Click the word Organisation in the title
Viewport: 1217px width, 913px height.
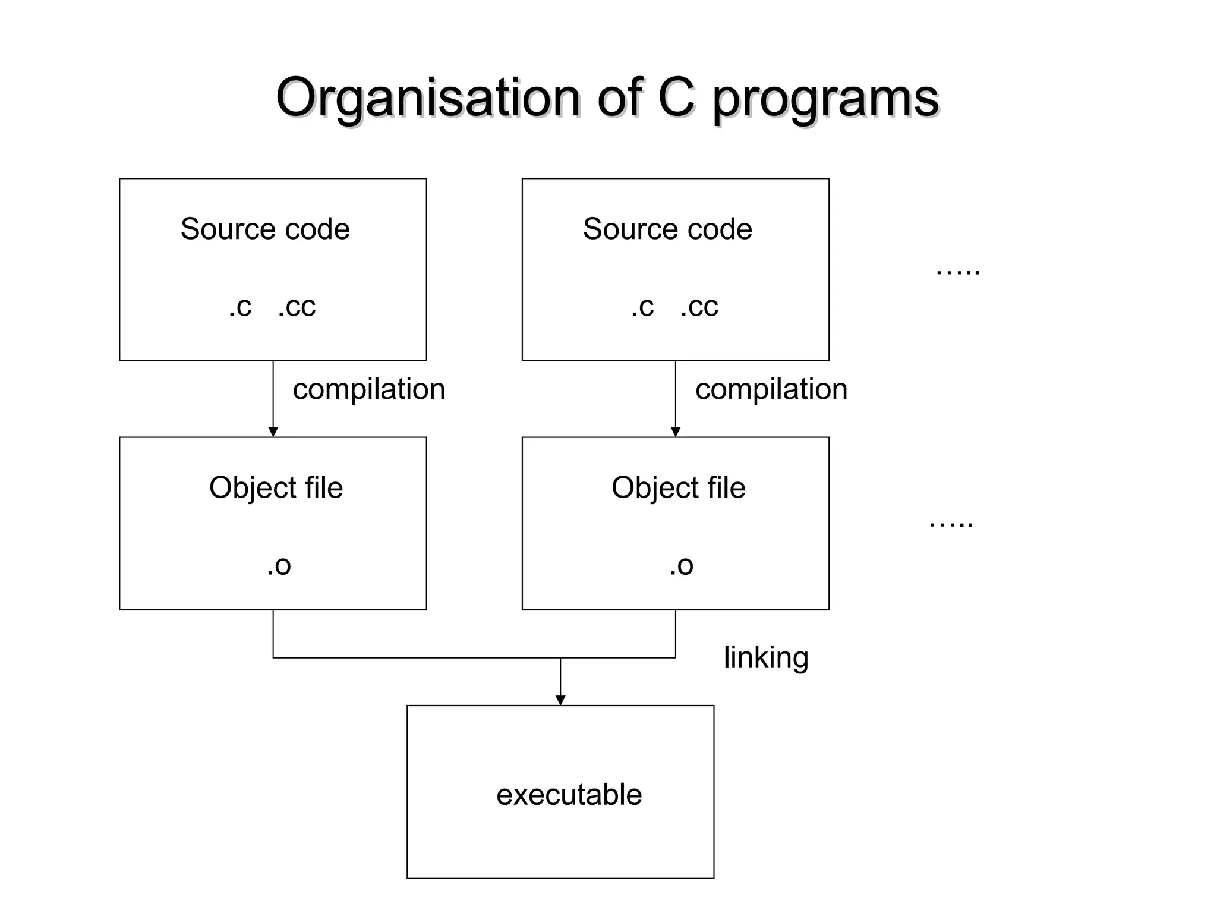(428, 98)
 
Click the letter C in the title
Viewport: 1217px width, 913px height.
(676, 97)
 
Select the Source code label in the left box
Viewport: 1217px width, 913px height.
(265, 229)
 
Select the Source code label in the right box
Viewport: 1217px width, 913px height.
(667, 229)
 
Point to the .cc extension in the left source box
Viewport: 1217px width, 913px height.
(297, 307)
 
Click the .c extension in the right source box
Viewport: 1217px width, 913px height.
(642, 307)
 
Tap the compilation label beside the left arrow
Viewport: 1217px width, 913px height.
(368, 390)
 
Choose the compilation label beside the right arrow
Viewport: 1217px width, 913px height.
(771, 390)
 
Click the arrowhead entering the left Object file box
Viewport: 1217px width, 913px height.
(273, 432)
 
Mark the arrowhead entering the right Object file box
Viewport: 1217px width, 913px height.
(676, 432)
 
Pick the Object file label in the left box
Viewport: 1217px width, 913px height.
(276, 488)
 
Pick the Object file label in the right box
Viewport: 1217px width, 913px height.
(678, 488)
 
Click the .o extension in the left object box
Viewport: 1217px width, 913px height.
(279, 565)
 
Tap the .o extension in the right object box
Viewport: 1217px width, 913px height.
(681, 565)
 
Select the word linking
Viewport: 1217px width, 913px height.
(766, 658)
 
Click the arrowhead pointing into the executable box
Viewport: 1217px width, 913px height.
(560, 700)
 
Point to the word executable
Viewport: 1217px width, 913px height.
(569, 795)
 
